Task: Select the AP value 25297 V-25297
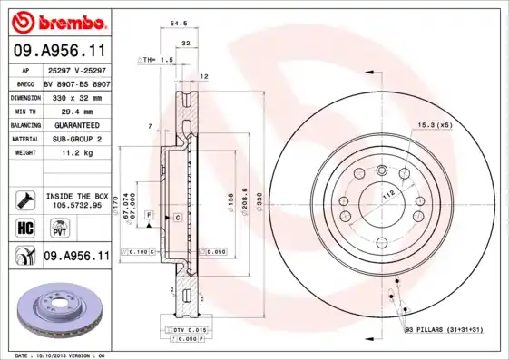pyautogui.click(x=76, y=70)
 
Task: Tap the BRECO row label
pyautogui.click(x=26, y=83)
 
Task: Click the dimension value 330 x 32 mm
pyautogui.click(x=76, y=96)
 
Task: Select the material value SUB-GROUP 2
pyautogui.click(x=76, y=139)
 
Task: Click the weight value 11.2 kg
pyautogui.click(x=76, y=153)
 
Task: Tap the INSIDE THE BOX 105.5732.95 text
pyautogui.click(x=76, y=200)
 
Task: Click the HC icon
pyautogui.click(x=25, y=227)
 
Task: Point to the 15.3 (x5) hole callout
pyautogui.click(x=436, y=124)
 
